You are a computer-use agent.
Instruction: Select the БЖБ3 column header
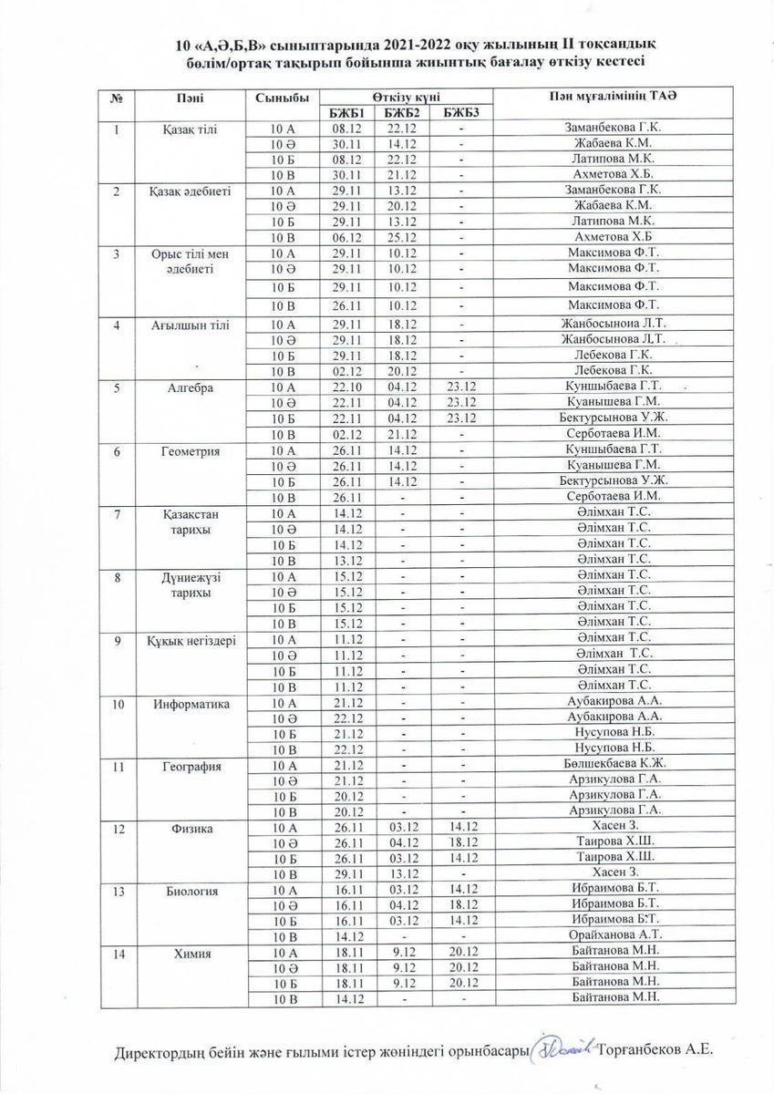(x=461, y=113)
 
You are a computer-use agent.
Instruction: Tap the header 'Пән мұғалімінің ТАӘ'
(x=613, y=97)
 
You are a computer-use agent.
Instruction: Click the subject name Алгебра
(x=191, y=387)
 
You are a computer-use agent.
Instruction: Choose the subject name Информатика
(x=191, y=703)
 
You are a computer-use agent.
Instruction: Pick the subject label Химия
(x=191, y=954)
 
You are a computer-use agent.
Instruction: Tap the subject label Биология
(x=191, y=891)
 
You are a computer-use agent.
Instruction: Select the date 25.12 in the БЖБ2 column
(x=402, y=236)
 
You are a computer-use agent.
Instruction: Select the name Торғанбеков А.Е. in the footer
(x=657, y=1049)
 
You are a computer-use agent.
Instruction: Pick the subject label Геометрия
(x=191, y=450)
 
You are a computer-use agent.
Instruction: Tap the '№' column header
(x=117, y=98)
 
